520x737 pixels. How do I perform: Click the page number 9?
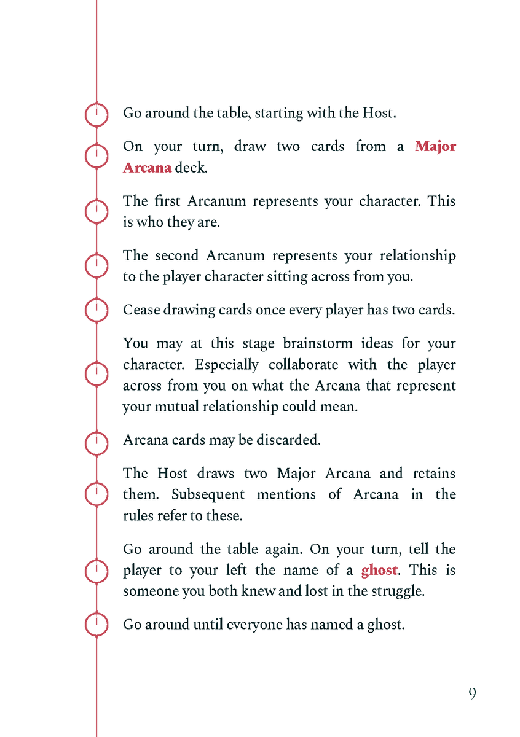click(x=472, y=694)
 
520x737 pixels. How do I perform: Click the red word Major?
click(x=435, y=147)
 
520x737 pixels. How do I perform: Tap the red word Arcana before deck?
click(x=147, y=168)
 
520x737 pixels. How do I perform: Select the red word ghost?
click(x=379, y=570)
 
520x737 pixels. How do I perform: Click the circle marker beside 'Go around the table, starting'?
click(x=97, y=114)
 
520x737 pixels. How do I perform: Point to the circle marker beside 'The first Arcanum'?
click(x=97, y=212)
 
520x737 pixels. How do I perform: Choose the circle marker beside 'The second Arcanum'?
click(x=97, y=266)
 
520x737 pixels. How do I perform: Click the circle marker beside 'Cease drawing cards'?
click(x=97, y=310)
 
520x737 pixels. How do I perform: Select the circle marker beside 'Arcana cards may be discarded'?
click(x=97, y=440)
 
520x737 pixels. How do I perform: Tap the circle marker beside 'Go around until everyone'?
click(x=97, y=625)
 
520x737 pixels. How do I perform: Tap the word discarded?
click(x=291, y=440)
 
